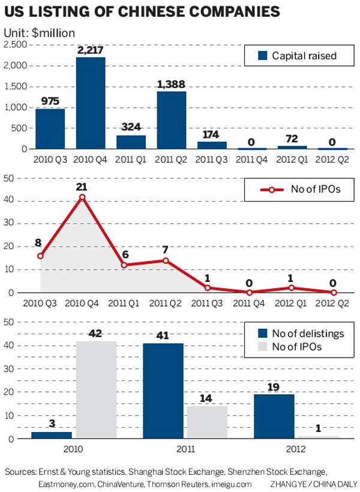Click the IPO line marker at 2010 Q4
click(82, 197)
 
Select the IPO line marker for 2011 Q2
click(166, 260)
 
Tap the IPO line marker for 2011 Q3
click(208, 288)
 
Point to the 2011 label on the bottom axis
click(186, 448)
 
